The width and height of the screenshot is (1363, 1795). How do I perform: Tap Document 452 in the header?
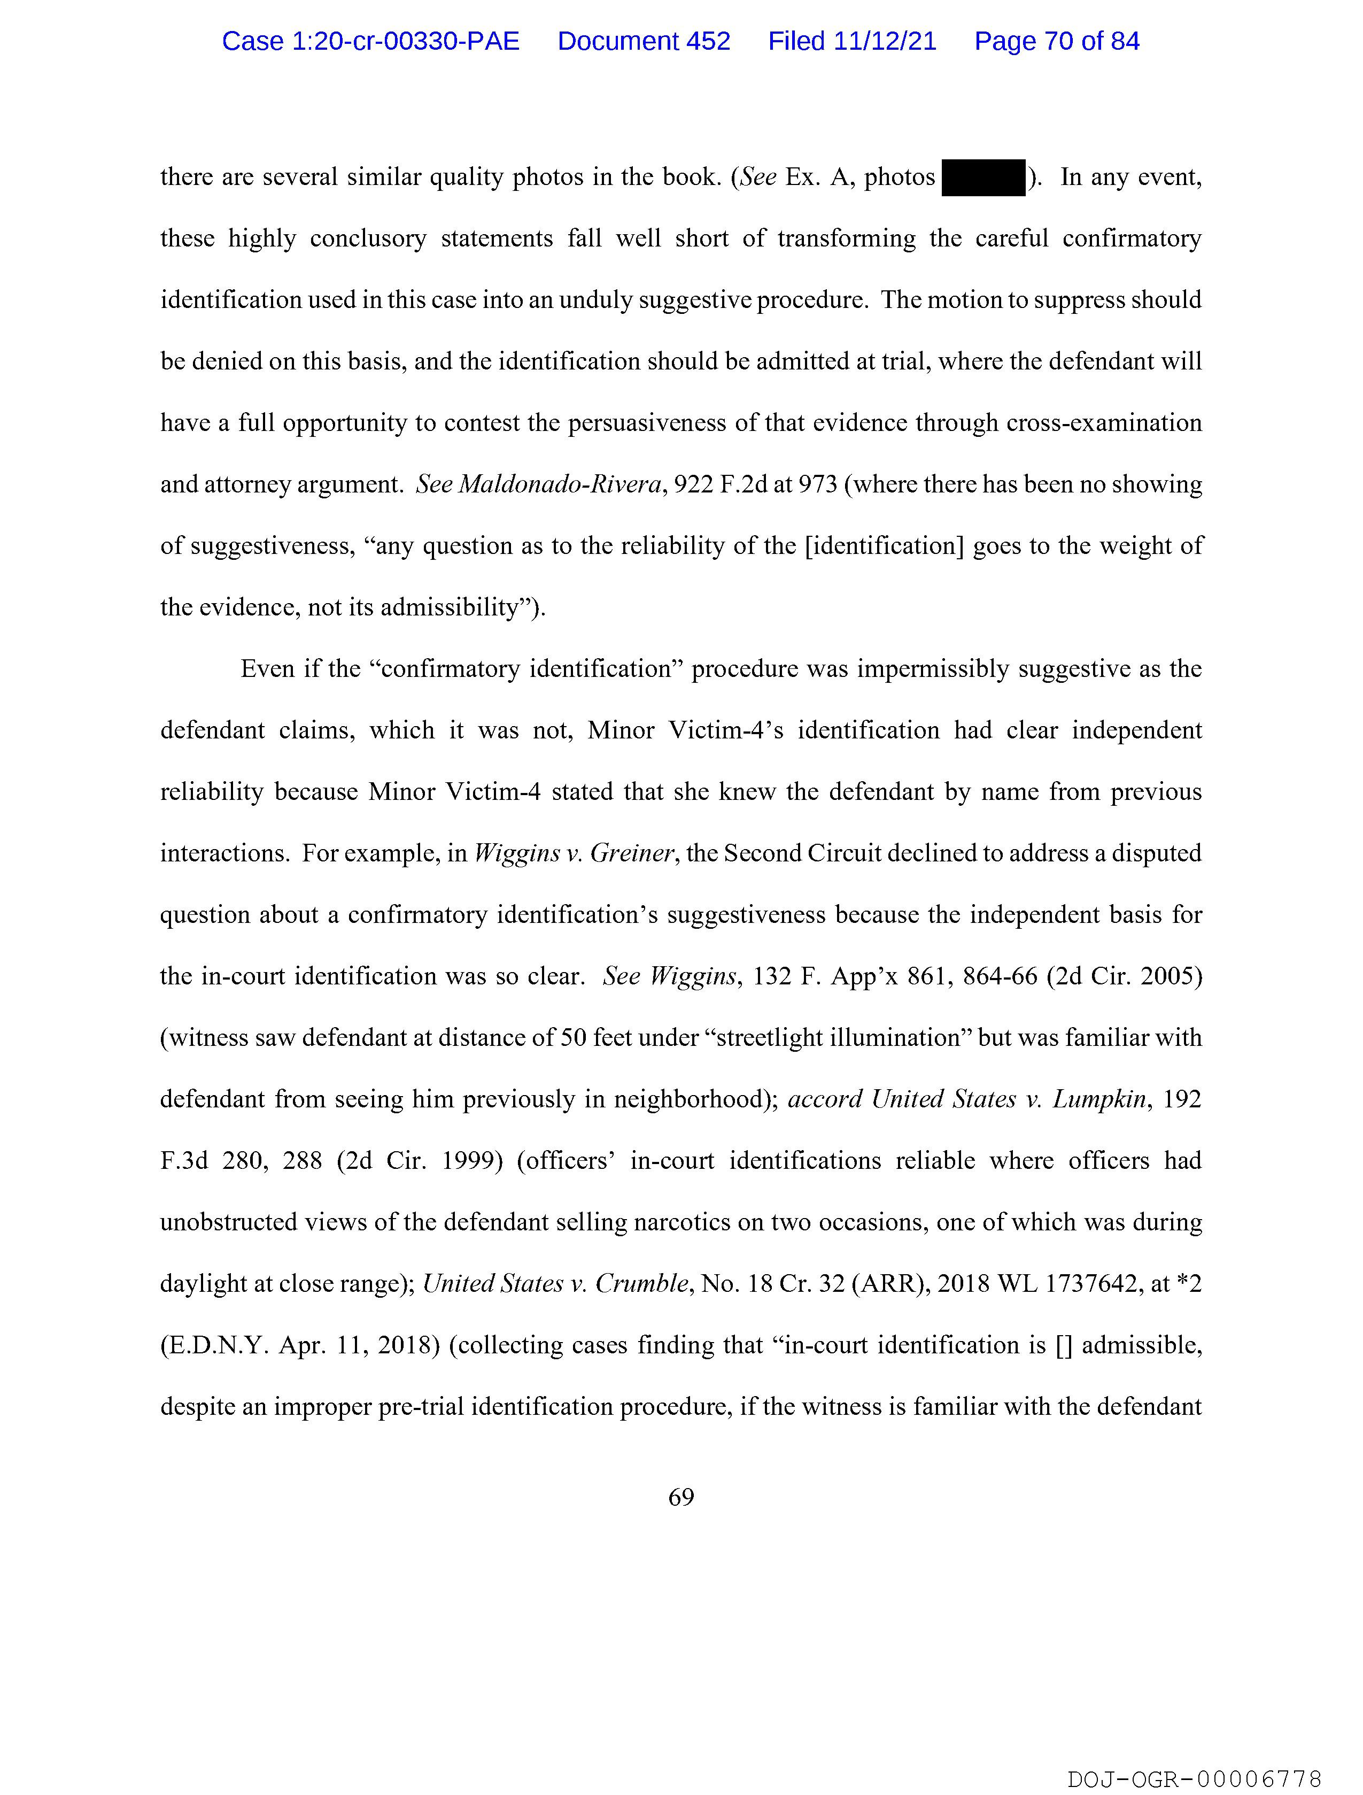coord(644,41)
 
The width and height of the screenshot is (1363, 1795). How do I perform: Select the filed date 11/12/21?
coord(852,41)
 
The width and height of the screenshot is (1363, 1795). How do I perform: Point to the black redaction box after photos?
coord(983,178)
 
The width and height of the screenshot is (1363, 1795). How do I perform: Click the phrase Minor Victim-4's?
coord(686,731)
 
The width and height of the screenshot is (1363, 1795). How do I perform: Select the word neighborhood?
coord(688,1099)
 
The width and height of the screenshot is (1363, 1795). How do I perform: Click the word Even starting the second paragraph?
coord(267,669)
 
